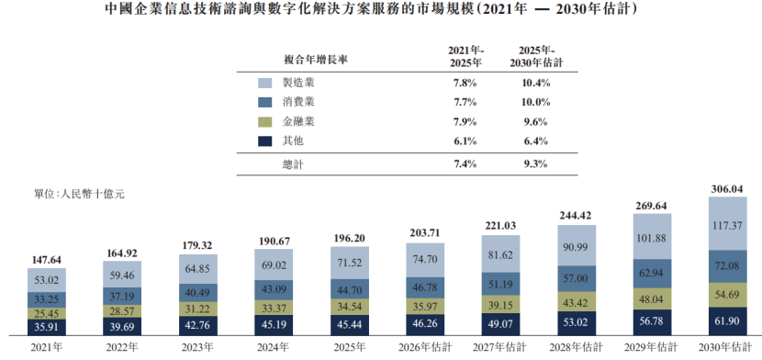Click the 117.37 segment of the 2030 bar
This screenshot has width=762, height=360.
[x=727, y=223]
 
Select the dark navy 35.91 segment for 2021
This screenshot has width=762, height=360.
[x=47, y=327]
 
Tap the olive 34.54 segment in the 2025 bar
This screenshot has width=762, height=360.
[x=350, y=306]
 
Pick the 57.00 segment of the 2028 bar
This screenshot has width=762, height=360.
[x=576, y=279]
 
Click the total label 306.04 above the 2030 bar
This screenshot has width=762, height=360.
[x=727, y=189]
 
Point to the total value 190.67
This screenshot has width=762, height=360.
[x=274, y=242]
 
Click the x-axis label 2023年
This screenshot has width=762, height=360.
[x=197, y=347]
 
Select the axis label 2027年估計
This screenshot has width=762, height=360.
[x=500, y=347]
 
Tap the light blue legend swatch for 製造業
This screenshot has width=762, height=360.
[x=264, y=83]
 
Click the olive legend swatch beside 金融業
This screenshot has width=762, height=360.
[x=264, y=122]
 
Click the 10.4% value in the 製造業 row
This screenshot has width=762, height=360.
[x=536, y=83]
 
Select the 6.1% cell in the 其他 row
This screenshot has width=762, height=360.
[x=465, y=141]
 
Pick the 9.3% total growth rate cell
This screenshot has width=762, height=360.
[x=536, y=164]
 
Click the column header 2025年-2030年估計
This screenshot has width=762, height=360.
[x=536, y=57]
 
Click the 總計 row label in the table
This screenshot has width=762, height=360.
[x=293, y=164]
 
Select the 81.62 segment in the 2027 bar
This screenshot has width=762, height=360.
[x=500, y=254]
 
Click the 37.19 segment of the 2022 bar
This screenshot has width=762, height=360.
[x=122, y=296]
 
